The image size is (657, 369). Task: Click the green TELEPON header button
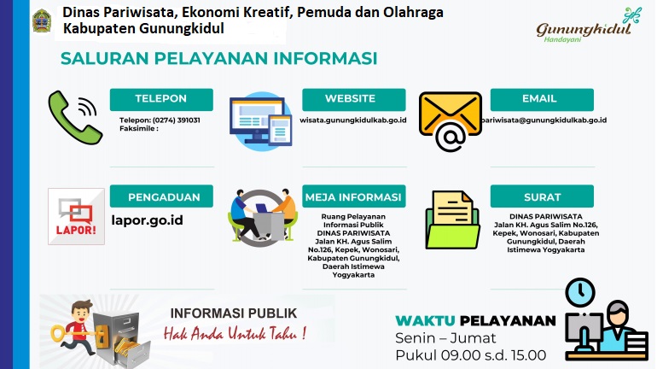coord(161,99)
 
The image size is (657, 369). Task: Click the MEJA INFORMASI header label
coord(353,196)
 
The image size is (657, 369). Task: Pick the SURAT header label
coord(542,196)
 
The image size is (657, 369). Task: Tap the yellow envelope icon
coord(450,114)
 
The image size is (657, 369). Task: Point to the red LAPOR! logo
coord(76,216)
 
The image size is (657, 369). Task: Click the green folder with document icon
coord(452,220)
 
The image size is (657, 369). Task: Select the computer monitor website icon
coord(260,121)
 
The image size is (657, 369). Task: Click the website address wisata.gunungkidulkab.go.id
coord(353,120)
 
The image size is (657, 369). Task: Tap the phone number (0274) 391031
coord(176,120)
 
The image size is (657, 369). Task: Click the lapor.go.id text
coord(147,220)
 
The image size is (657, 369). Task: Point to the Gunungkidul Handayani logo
coord(588,26)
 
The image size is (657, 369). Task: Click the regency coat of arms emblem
coord(42,20)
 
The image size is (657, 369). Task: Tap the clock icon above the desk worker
coord(580,292)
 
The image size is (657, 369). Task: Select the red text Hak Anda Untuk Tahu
coord(235,333)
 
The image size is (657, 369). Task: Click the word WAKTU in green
coord(425,321)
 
